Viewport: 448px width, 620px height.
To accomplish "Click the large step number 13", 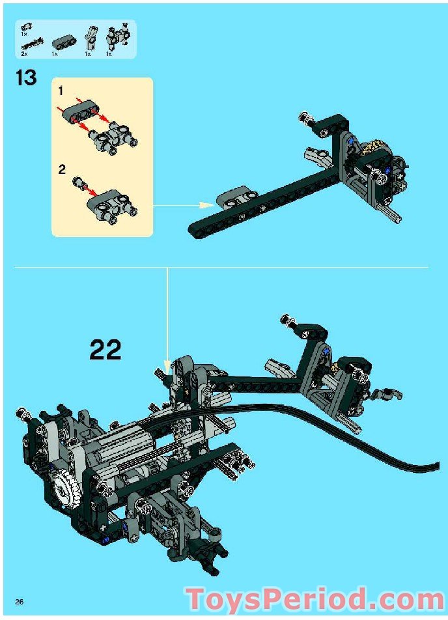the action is [x=26, y=77].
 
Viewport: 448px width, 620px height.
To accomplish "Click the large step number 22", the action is [x=105, y=349].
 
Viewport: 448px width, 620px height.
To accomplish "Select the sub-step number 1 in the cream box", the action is [x=61, y=91].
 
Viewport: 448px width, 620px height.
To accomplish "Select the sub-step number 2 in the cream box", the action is [x=62, y=169].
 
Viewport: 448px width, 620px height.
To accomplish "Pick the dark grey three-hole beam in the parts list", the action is [x=62, y=42].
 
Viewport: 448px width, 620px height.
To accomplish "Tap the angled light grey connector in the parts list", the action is [x=90, y=38].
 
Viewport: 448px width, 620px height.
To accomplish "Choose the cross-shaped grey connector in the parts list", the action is [x=118, y=38].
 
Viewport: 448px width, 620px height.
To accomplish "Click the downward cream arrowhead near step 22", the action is [x=167, y=365].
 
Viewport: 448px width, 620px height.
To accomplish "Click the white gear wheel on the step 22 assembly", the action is [x=64, y=489].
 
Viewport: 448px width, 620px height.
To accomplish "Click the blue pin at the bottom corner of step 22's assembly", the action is [x=105, y=540].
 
